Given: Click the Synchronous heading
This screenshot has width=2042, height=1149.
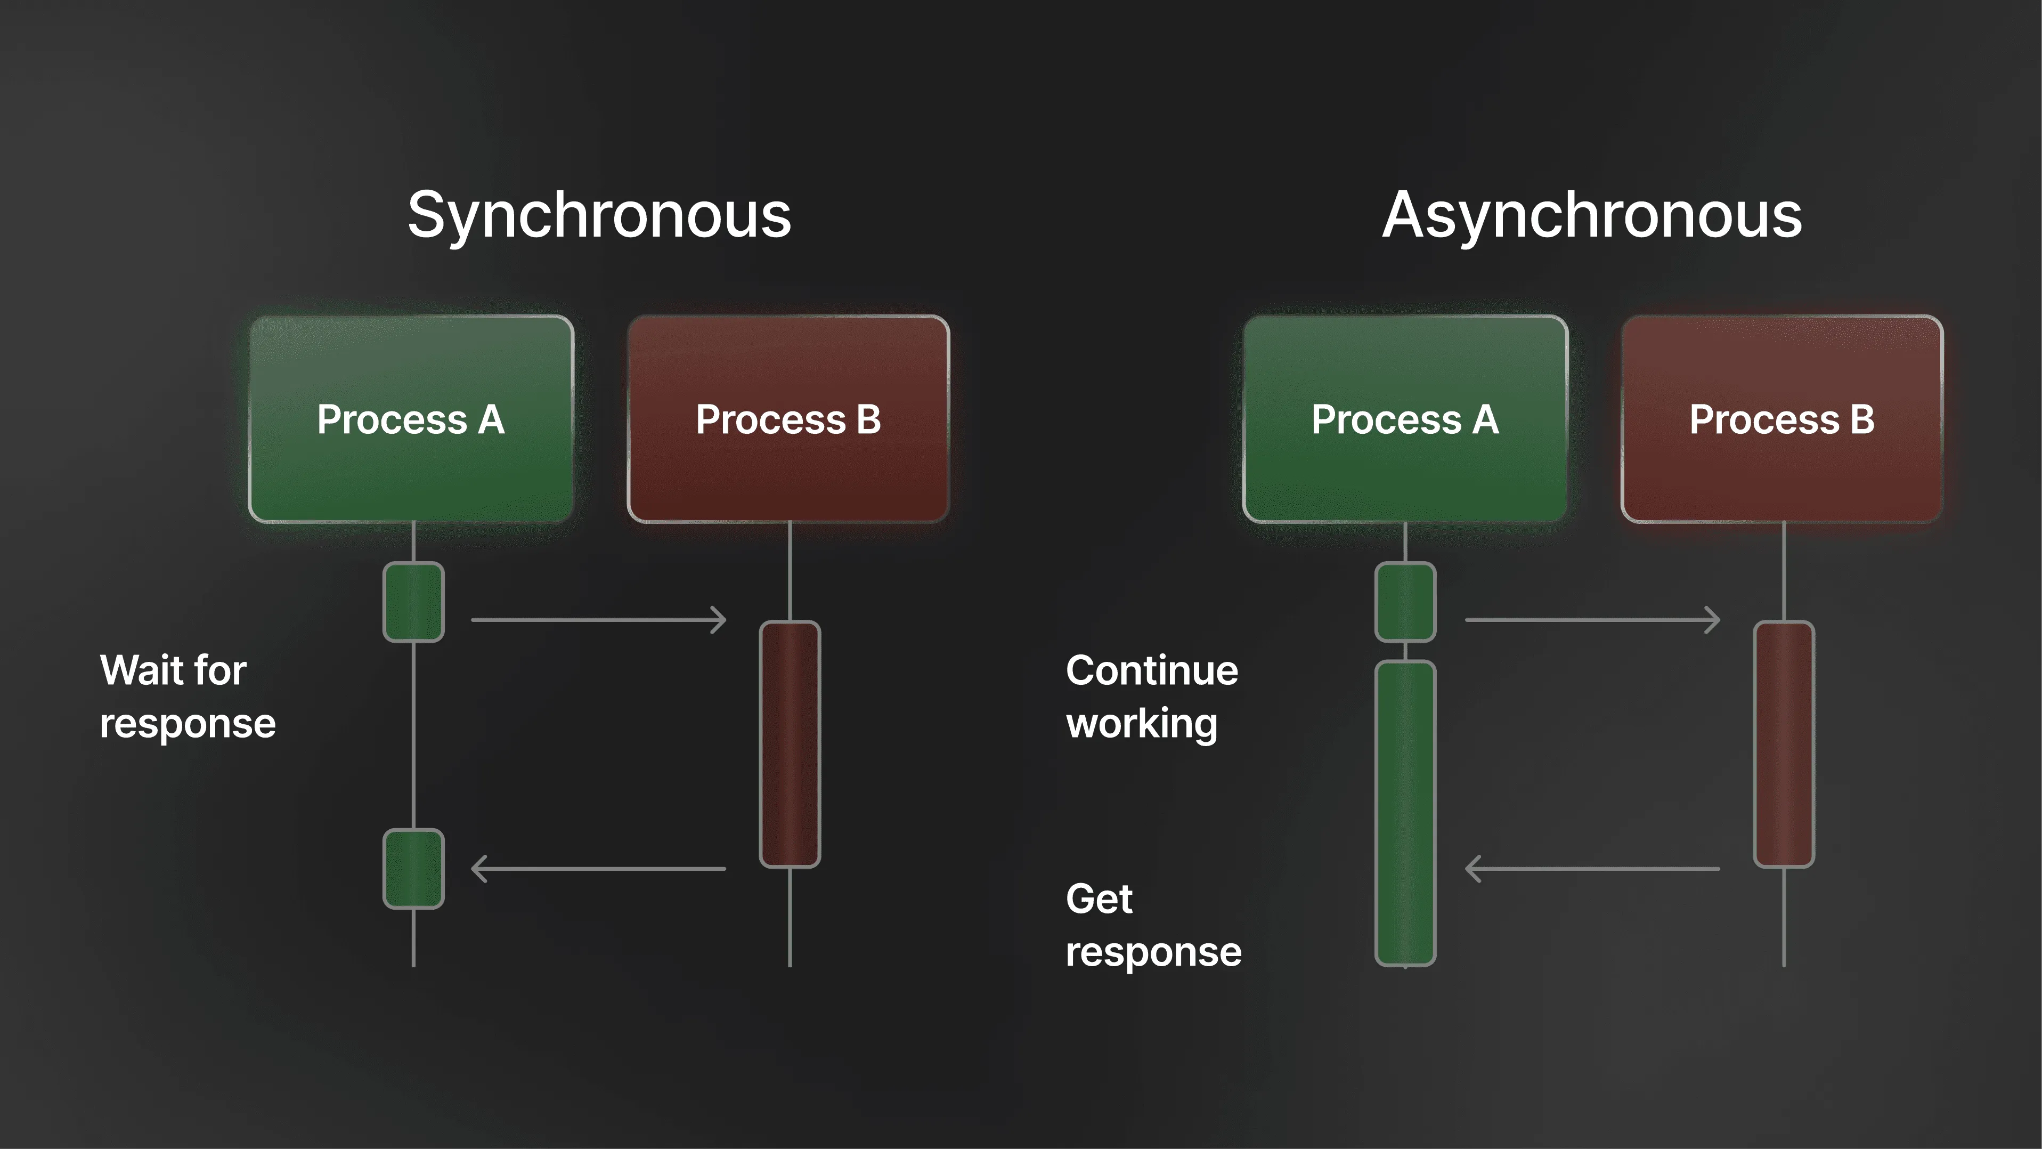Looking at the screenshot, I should click(599, 216).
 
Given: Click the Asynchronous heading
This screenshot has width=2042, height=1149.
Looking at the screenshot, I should click(1592, 216).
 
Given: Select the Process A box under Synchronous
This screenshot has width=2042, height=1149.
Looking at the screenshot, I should click(411, 419).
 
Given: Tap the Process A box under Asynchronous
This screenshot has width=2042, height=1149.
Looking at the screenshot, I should click(1405, 419).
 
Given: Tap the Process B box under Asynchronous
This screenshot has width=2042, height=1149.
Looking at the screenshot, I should click(1782, 419).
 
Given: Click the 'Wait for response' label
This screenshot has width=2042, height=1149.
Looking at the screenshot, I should click(187, 696).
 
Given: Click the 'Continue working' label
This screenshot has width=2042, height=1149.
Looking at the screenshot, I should click(1151, 696).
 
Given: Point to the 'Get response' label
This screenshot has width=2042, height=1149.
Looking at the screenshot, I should click(1153, 925).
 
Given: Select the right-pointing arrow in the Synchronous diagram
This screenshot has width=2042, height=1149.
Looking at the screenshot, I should click(598, 619).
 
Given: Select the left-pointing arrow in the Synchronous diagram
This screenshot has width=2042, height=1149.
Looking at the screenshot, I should click(598, 868).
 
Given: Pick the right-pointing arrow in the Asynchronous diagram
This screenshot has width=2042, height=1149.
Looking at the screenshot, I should click(1592, 619).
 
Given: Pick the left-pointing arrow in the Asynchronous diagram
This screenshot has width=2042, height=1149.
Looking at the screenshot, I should click(1592, 868).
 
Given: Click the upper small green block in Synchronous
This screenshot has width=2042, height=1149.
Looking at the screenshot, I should click(413, 602).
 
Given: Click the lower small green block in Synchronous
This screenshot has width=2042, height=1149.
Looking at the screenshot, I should click(413, 868).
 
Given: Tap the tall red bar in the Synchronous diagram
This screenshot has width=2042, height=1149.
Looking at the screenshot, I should click(790, 744).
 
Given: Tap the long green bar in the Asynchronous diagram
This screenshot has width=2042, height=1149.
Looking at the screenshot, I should click(1405, 813).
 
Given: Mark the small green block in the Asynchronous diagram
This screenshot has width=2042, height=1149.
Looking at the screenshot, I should click(1405, 602).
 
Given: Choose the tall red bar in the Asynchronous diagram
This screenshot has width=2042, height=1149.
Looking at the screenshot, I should click(1784, 744).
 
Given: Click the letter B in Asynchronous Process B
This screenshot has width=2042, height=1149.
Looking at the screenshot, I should click(1862, 419).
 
